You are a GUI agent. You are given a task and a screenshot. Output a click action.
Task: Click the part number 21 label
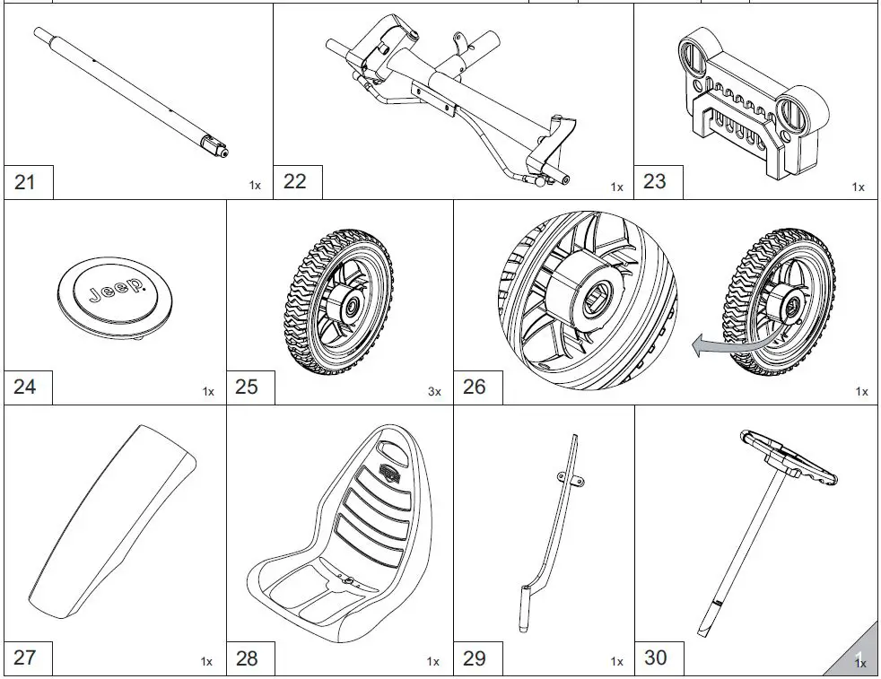pos(26,182)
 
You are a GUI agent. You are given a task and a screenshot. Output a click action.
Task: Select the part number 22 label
pos(295,181)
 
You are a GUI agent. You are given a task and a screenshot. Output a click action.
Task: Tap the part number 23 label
pos(656,181)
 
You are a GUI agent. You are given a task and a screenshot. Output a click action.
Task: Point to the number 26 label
pos(475,387)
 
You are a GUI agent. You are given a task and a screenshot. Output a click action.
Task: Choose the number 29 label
pos(475,657)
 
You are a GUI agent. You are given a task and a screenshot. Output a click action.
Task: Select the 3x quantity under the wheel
pos(434,392)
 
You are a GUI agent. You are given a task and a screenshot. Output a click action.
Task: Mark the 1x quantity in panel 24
pos(208,392)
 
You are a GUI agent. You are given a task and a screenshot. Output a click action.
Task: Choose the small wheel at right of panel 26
pos(778,302)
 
